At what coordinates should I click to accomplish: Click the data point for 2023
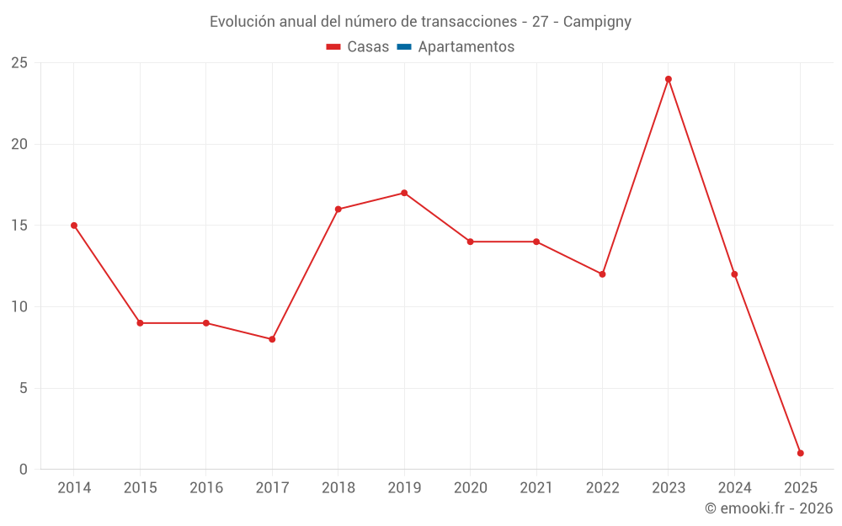pyautogui.click(x=669, y=79)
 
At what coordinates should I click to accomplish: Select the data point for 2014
pyautogui.click(x=74, y=226)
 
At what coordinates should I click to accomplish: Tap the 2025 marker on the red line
pyautogui.click(x=800, y=454)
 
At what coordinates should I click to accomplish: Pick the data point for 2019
pyautogui.click(x=404, y=193)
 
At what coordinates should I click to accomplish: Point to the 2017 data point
pyautogui.click(x=272, y=339)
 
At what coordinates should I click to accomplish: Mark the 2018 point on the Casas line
pyautogui.click(x=338, y=210)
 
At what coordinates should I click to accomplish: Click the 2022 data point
pyautogui.click(x=602, y=274)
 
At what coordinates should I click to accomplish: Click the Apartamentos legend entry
pyautogui.click(x=466, y=47)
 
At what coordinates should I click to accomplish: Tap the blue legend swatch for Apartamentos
pyautogui.click(x=404, y=47)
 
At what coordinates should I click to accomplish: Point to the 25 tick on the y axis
pyautogui.click(x=19, y=63)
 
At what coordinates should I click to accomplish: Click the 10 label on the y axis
pyautogui.click(x=19, y=307)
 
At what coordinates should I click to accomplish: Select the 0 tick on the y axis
pyautogui.click(x=24, y=470)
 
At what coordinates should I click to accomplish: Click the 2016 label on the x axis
pyautogui.click(x=206, y=488)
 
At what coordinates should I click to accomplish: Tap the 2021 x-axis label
pyautogui.click(x=536, y=488)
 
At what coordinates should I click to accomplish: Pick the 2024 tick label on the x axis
pyautogui.click(x=734, y=488)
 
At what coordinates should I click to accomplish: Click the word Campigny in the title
pyautogui.click(x=597, y=22)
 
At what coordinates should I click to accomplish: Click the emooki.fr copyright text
pyautogui.click(x=769, y=508)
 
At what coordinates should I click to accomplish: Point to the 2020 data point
pyautogui.click(x=471, y=242)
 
